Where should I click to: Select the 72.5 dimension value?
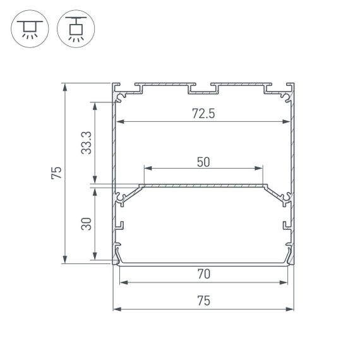pos(204,114)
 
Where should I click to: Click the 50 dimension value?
pos(203,162)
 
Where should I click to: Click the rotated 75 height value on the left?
pos(57,172)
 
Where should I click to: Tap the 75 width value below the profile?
pos(203,301)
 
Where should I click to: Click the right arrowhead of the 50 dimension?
pos(260,169)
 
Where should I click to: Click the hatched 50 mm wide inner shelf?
pos(203,186)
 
